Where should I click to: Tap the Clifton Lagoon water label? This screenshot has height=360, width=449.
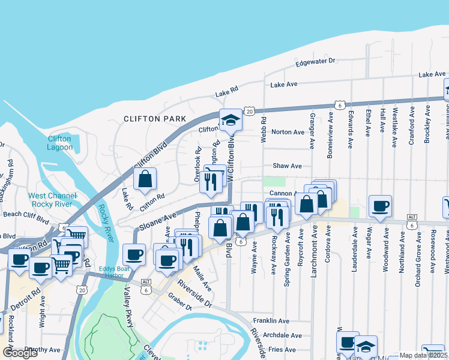point(59,143)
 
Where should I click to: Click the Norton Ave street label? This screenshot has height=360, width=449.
point(288,132)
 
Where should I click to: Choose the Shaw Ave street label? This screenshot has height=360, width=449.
point(287,166)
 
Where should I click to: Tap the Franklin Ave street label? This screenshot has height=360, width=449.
point(271,321)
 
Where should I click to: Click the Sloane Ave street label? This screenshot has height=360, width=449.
point(158,221)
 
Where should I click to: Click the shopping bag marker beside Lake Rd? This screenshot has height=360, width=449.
point(145,179)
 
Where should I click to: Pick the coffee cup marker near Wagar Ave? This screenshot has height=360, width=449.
point(380,206)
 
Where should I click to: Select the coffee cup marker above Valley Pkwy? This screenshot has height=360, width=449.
point(134,254)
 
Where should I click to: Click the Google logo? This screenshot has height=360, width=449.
point(20,353)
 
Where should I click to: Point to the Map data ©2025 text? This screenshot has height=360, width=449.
point(424,355)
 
